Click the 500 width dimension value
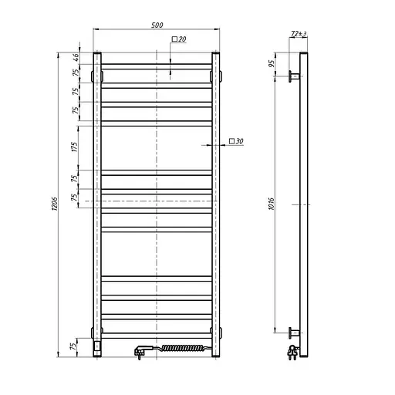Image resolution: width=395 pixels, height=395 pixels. [157, 25]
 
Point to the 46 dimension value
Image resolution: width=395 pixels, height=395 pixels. [76, 57]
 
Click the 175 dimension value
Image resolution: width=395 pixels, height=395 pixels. [76, 147]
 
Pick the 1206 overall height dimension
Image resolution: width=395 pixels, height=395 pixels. [55, 203]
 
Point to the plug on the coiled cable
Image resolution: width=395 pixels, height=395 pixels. [140, 352]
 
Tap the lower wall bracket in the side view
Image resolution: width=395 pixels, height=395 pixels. [293, 333]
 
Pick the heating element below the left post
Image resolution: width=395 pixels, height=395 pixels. [96, 346]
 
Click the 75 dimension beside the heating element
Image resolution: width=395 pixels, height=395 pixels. [76, 346]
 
